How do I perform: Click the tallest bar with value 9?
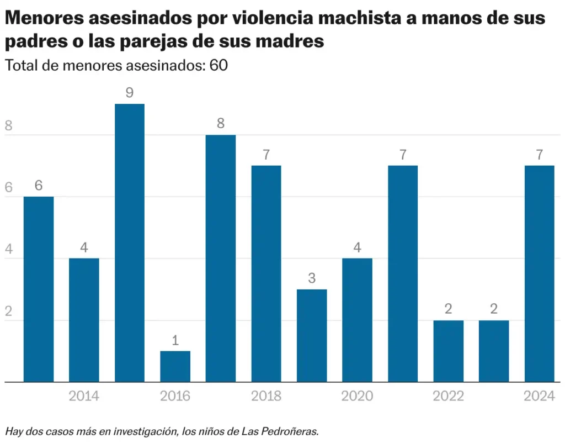click(130, 243)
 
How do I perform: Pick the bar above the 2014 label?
click(84, 320)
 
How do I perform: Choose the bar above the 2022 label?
click(448, 351)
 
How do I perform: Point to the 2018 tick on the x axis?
click(266, 396)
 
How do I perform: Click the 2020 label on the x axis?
click(357, 396)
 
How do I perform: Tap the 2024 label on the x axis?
click(539, 396)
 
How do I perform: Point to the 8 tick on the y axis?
click(8, 126)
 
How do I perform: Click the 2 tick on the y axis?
click(8, 312)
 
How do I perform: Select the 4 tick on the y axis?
click(8, 250)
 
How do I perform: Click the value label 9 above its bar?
click(130, 93)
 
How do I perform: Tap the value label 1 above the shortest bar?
click(175, 340)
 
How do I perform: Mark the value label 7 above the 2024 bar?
click(539, 155)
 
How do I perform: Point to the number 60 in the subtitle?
click(218, 65)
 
